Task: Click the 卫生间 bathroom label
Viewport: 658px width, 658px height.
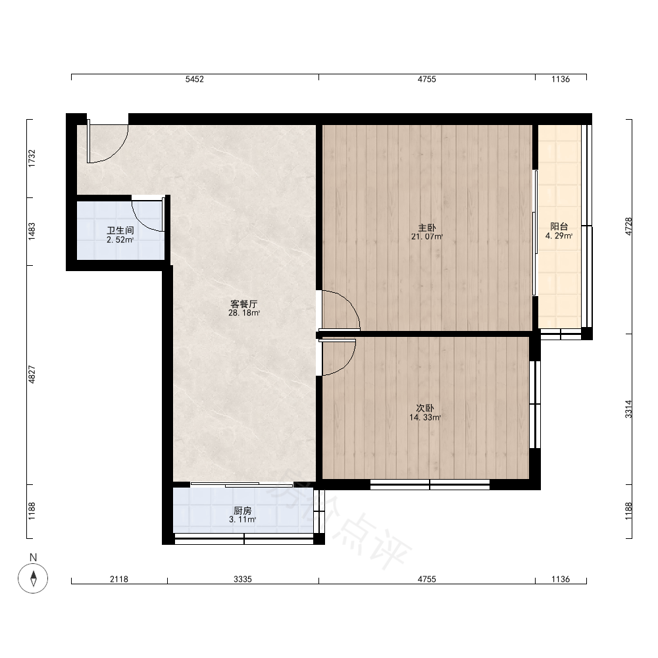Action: click(120, 230)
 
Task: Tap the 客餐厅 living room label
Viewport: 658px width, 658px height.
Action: click(244, 304)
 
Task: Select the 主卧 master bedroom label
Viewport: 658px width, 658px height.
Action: click(427, 228)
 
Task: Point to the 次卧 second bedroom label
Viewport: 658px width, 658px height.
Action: click(424, 408)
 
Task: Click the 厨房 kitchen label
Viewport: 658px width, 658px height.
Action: click(243, 511)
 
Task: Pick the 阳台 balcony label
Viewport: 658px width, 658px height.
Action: click(559, 226)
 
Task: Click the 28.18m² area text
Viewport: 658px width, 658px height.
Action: click(244, 313)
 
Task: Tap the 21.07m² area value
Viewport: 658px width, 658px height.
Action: click(427, 237)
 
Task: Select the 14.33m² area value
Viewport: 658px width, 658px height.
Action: click(424, 418)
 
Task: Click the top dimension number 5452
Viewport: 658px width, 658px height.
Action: click(195, 80)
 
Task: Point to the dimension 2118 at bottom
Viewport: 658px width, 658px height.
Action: click(119, 579)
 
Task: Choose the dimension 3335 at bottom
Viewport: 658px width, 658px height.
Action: click(243, 579)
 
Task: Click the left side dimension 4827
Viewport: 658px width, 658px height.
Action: click(32, 375)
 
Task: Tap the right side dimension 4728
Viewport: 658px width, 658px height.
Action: click(628, 226)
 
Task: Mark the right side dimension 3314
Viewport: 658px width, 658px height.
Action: click(628, 409)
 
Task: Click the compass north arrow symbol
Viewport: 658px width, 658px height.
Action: click(33, 578)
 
